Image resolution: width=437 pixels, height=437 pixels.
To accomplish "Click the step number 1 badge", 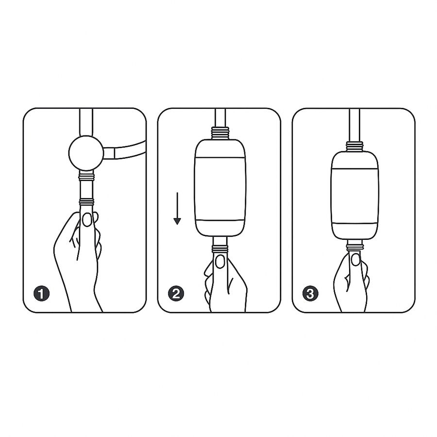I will (x=42, y=293).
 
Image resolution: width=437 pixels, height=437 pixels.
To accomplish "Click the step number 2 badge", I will (x=176, y=293).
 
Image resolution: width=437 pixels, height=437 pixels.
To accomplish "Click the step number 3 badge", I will (x=310, y=293).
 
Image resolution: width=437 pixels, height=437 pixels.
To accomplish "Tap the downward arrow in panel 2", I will (x=177, y=209).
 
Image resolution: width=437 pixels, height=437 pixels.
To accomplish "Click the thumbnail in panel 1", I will (x=86, y=219).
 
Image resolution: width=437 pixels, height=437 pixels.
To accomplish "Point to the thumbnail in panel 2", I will (x=220, y=262).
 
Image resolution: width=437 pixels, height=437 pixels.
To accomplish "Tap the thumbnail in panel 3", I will (x=355, y=260).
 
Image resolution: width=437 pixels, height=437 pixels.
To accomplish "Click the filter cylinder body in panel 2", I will (x=220, y=188).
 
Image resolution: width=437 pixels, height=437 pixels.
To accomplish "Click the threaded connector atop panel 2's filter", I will (x=220, y=133).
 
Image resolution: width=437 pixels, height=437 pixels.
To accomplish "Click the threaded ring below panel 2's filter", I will (x=220, y=249).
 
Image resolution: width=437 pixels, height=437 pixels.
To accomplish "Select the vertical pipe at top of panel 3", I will (x=354, y=124).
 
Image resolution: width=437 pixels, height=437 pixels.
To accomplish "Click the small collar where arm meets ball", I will (x=109, y=153).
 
